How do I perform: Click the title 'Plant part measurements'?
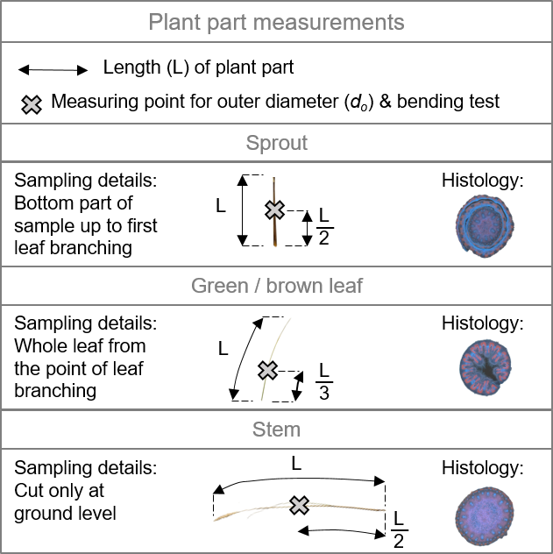click(276, 22)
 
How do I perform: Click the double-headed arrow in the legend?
click(53, 69)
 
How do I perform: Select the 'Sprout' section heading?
click(276, 144)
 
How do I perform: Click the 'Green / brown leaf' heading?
click(276, 287)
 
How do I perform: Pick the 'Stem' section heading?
click(276, 430)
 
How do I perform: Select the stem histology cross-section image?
click(481, 515)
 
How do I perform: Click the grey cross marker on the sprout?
click(275, 210)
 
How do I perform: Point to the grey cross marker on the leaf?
click(267, 370)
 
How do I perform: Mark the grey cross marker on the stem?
click(300, 505)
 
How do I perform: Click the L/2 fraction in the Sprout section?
click(324, 225)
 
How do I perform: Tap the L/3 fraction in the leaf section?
click(323, 381)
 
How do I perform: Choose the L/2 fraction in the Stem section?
click(399, 527)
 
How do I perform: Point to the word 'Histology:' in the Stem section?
click(482, 467)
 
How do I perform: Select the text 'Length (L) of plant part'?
click(198, 67)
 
